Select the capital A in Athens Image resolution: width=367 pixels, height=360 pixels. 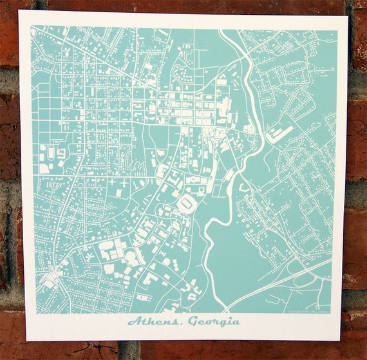click(133, 321)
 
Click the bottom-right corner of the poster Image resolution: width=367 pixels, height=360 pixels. click(341, 339)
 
